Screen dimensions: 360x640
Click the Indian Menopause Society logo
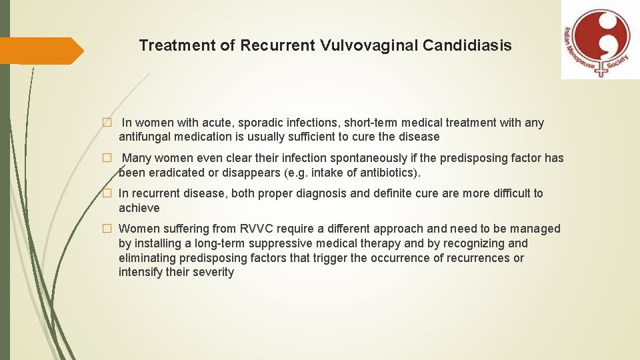click(x=600, y=39)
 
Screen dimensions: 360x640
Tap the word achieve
click(x=139, y=208)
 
